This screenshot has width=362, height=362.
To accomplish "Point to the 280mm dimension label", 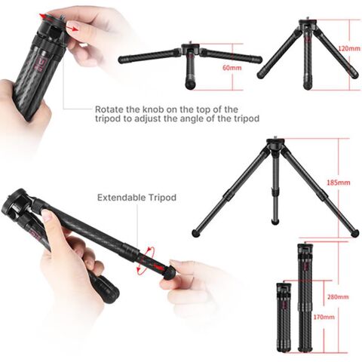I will tap(343, 287).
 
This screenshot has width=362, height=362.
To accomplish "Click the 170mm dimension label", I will tap(323, 317).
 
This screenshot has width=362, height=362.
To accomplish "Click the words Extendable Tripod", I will tap(137, 198).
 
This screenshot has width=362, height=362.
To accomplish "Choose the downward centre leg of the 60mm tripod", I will tap(189, 77).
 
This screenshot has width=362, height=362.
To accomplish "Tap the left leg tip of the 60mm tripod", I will tap(122, 60).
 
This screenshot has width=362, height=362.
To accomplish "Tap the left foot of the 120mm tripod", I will tap(260, 75).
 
